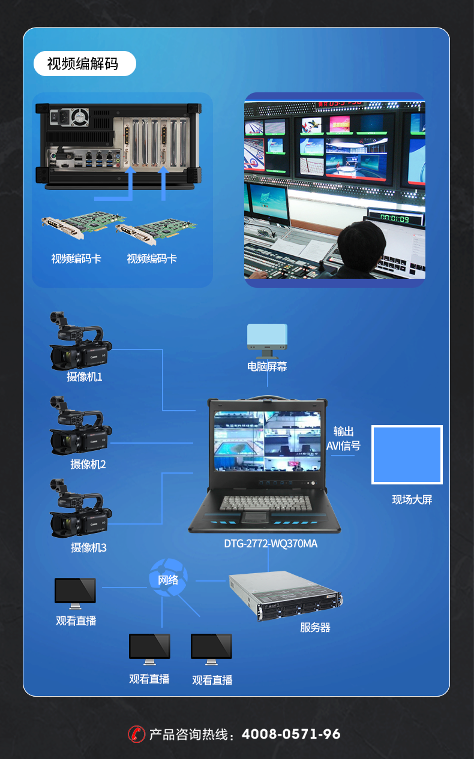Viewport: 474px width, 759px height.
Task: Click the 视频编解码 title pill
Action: tap(85, 64)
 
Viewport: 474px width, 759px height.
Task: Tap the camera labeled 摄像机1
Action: tap(80, 341)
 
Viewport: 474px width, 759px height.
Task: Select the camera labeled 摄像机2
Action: tap(80, 425)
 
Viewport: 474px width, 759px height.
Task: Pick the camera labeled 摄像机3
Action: tap(80, 508)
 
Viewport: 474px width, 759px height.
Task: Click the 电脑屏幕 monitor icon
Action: tap(267, 341)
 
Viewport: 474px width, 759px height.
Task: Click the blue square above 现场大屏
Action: tap(407, 454)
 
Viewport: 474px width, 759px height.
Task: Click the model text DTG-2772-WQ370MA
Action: tap(271, 544)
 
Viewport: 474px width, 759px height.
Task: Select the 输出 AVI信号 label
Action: tap(343, 438)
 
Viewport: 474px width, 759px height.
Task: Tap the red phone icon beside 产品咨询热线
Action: tap(137, 734)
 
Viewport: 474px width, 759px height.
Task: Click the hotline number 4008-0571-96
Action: tap(291, 734)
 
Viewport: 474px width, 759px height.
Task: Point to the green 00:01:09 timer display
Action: tap(394, 218)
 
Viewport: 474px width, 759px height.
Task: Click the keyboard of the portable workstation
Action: tap(265, 503)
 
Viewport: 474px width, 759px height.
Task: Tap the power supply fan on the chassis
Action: tap(80, 117)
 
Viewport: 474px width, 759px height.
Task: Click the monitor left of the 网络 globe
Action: tap(75, 593)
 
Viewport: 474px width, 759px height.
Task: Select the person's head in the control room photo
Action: tap(361, 243)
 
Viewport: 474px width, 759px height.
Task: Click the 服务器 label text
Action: tap(315, 628)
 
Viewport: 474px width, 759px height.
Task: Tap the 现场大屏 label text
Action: tap(412, 500)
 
